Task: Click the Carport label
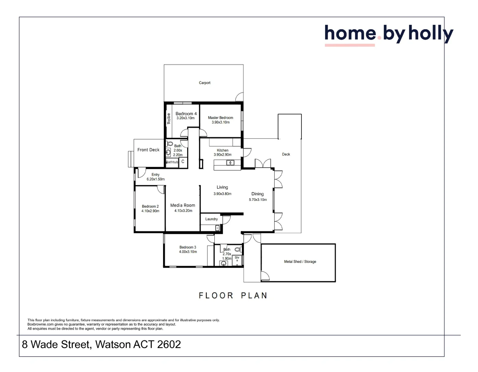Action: (204, 83)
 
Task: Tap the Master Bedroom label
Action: (220, 118)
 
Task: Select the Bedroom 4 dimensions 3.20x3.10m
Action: (185, 118)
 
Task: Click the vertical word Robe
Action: (169, 118)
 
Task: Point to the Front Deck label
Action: (148, 150)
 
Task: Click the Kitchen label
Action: (223, 150)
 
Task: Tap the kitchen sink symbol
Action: (230, 163)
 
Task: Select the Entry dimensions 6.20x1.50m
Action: (156, 179)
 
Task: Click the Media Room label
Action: (183, 205)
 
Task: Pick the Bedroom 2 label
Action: (150, 206)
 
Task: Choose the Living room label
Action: (222, 187)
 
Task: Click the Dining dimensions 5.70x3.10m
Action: (258, 200)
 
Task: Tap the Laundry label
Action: (211, 219)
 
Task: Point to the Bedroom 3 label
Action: (188, 247)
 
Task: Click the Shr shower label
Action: (237, 258)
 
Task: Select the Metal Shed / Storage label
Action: (300, 262)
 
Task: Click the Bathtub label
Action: (172, 162)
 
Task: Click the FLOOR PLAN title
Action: (233, 296)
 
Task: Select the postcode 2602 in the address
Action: (169, 344)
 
